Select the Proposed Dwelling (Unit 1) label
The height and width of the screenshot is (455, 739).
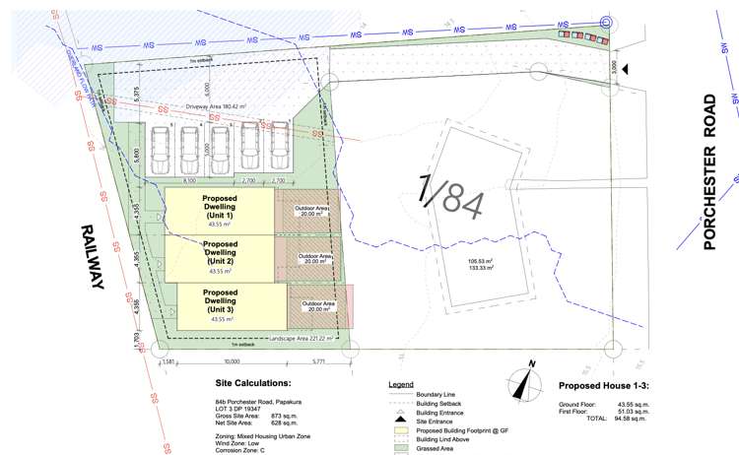tap(218, 209)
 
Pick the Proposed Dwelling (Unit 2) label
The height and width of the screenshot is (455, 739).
tap(220, 254)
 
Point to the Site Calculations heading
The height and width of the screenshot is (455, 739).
tap(252, 382)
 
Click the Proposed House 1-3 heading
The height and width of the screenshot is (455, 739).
tap(605, 386)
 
